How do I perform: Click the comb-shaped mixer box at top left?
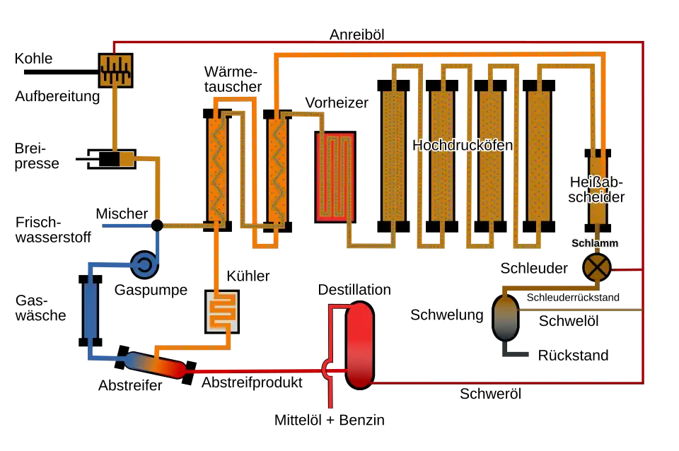pyautogui.click(x=115, y=71)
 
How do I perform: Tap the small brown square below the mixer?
pyautogui.click(x=127, y=158)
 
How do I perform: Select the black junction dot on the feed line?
pyautogui.click(x=157, y=225)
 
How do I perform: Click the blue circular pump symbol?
pyautogui.click(x=144, y=264)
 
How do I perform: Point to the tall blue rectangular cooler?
pyautogui.click(x=91, y=310)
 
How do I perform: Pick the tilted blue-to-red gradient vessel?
pyautogui.click(x=156, y=365)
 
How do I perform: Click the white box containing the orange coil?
pyautogui.click(x=222, y=311)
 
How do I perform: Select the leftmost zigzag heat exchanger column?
pyautogui.click(x=217, y=170)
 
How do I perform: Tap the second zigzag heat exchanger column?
pyautogui.click(x=277, y=170)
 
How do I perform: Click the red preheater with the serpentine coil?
pyautogui.click(x=335, y=176)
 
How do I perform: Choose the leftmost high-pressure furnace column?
pyautogui.click(x=393, y=156)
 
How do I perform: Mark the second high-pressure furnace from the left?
pyautogui.click(x=442, y=156)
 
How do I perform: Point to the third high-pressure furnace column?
pyautogui.click(x=490, y=156)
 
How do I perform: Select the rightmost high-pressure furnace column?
pyautogui.click(x=539, y=156)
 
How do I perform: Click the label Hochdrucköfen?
pyautogui.click(x=463, y=146)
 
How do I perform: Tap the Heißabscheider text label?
pyautogui.click(x=597, y=189)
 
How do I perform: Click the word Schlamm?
pyautogui.click(x=595, y=243)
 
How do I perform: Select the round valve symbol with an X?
pyautogui.click(x=597, y=267)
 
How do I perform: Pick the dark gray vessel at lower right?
pyautogui.click(x=506, y=318)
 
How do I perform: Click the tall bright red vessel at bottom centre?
pyautogui.click(x=359, y=344)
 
